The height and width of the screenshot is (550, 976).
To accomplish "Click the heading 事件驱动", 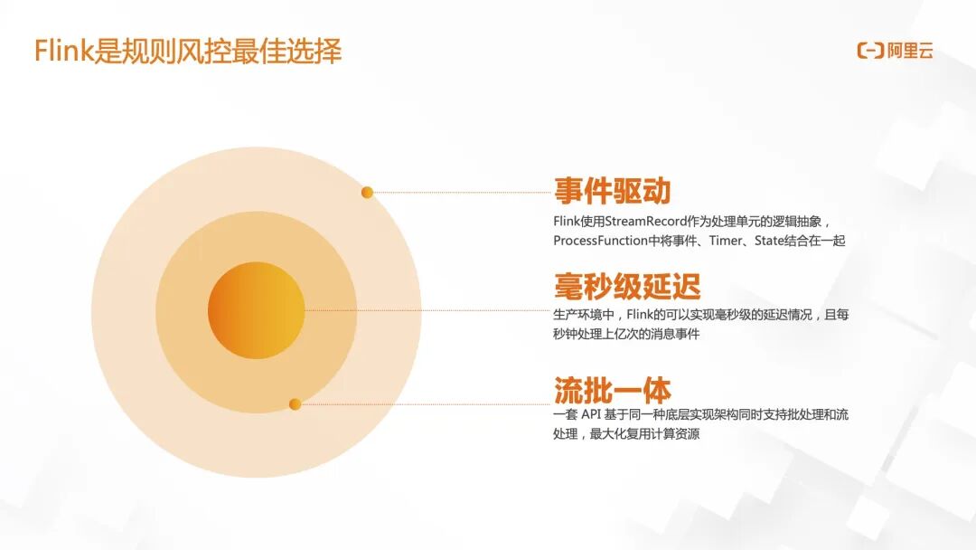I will [x=612, y=191].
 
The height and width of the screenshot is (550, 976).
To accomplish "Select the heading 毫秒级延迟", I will [x=626, y=288].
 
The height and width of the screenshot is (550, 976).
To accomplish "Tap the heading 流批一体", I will [x=612, y=390].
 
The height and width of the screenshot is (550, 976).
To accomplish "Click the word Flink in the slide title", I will [x=63, y=52].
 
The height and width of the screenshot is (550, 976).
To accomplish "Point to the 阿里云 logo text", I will [x=910, y=52].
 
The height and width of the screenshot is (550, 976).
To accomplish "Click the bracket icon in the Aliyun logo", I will [x=869, y=52].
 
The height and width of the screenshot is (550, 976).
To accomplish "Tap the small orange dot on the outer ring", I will [x=367, y=193].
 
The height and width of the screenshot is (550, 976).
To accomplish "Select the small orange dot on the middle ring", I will [x=295, y=404].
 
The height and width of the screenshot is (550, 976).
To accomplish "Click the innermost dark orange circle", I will [x=256, y=310].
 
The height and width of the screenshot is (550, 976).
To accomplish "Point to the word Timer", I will [x=726, y=241].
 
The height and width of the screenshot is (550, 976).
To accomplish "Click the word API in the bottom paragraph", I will [x=603, y=415].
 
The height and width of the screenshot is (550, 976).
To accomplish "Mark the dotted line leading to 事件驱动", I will [x=461, y=193].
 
